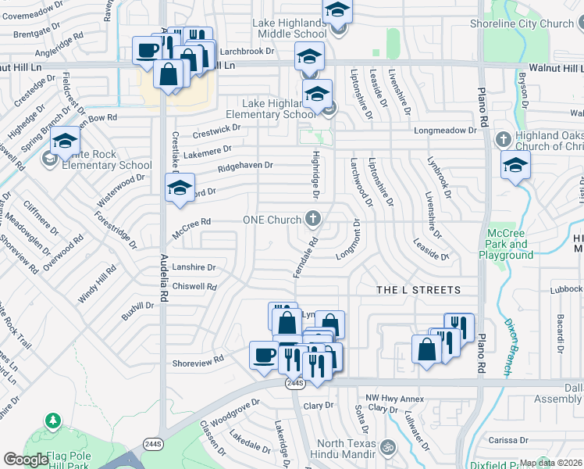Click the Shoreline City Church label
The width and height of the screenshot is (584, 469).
[522, 23]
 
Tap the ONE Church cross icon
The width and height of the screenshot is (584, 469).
[313, 219]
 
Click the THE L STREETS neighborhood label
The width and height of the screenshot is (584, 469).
[418, 290]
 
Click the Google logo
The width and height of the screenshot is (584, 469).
[26, 460]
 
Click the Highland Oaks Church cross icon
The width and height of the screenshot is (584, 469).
[504, 139]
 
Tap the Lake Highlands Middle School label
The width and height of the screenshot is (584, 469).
[290, 29]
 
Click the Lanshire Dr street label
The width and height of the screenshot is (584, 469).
[194, 267]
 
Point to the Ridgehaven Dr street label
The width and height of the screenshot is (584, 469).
[245, 166]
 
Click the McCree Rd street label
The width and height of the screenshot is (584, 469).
[191, 222]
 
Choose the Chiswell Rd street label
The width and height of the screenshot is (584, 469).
[196, 287]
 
